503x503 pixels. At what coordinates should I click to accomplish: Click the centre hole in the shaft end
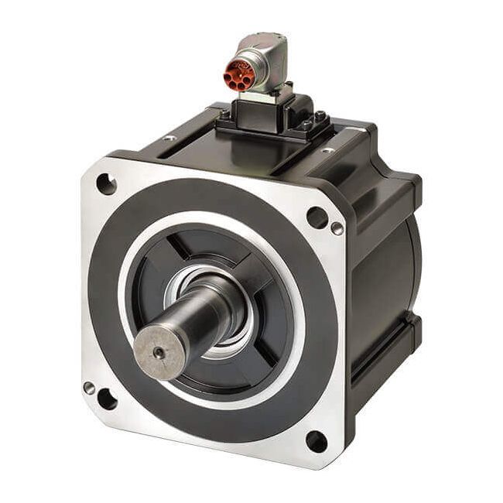(159, 352)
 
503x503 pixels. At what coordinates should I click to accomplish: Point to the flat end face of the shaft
(159, 353)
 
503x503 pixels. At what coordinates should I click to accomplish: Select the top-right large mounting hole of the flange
(317, 217)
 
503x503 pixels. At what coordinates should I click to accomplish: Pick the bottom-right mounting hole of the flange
(316, 441)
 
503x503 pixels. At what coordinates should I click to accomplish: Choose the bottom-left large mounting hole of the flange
(107, 399)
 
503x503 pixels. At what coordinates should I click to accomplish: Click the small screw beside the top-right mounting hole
(337, 228)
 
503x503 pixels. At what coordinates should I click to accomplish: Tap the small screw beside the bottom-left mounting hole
(90, 388)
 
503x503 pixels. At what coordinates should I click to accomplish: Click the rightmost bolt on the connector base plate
(320, 117)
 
